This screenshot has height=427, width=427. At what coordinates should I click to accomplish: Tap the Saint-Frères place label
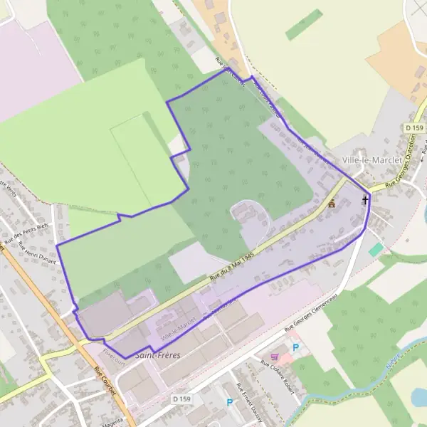157,354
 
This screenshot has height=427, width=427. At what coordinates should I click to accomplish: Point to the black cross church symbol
366,200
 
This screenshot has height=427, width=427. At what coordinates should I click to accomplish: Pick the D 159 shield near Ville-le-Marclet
413,127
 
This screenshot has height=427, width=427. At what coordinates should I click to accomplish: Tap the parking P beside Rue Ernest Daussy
229,402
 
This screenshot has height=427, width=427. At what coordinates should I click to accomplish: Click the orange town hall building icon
332,204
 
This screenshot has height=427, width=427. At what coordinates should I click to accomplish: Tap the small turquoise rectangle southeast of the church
375,250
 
